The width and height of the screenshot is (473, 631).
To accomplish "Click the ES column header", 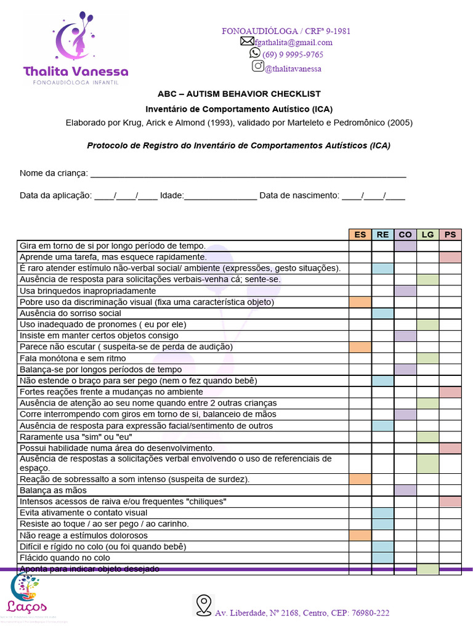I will pyautogui.click(x=360, y=234).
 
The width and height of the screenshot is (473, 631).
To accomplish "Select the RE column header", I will pyautogui.click(x=382, y=234).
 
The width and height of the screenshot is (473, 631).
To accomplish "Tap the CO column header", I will pyautogui.click(x=405, y=234).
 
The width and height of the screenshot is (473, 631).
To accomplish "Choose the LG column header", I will pyautogui.click(x=427, y=234).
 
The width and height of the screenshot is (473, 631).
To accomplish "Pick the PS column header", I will pyautogui.click(x=450, y=234).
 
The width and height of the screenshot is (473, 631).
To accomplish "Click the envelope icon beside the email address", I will pyautogui.click(x=247, y=41).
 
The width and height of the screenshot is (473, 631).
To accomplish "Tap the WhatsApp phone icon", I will pyautogui.click(x=255, y=54).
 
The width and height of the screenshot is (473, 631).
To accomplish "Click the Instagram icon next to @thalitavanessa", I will pyautogui.click(x=258, y=67).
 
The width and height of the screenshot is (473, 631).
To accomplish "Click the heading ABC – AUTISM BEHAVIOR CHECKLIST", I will pyautogui.click(x=239, y=94).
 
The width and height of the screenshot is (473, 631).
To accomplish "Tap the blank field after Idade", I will pyautogui.click(x=220, y=195).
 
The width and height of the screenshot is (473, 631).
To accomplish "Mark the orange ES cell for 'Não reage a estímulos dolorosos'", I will pyautogui.click(x=360, y=535).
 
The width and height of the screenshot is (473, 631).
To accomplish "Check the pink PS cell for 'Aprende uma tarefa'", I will pyautogui.click(x=450, y=257).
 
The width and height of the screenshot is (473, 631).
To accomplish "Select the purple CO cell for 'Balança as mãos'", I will pyautogui.click(x=405, y=491).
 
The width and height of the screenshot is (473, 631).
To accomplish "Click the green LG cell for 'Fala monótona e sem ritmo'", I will pyautogui.click(x=427, y=358).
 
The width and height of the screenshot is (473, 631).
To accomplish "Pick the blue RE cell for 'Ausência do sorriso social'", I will pyautogui.click(x=382, y=313).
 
